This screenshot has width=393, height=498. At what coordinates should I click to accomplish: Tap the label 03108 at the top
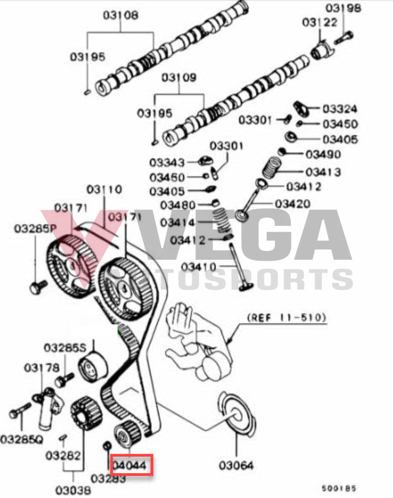click(x=120, y=15)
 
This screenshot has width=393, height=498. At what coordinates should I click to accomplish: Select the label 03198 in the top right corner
click(x=344, y=8)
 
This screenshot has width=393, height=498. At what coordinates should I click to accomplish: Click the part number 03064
click(x=236, y=465)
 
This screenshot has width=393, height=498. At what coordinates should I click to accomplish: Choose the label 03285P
click(x=35, y=228)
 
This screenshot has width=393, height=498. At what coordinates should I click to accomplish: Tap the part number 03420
click(x=292, y=203)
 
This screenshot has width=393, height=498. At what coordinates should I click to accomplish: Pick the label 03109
click(x=179, y=77)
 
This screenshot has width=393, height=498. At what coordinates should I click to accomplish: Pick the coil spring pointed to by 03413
click(x=271, y=168)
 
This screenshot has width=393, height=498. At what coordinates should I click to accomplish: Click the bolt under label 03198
click(x=343, y=37)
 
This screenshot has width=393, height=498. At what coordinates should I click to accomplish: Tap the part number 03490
click(x=322, y=154)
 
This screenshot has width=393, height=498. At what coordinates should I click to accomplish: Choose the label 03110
click(x=105, y=189)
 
